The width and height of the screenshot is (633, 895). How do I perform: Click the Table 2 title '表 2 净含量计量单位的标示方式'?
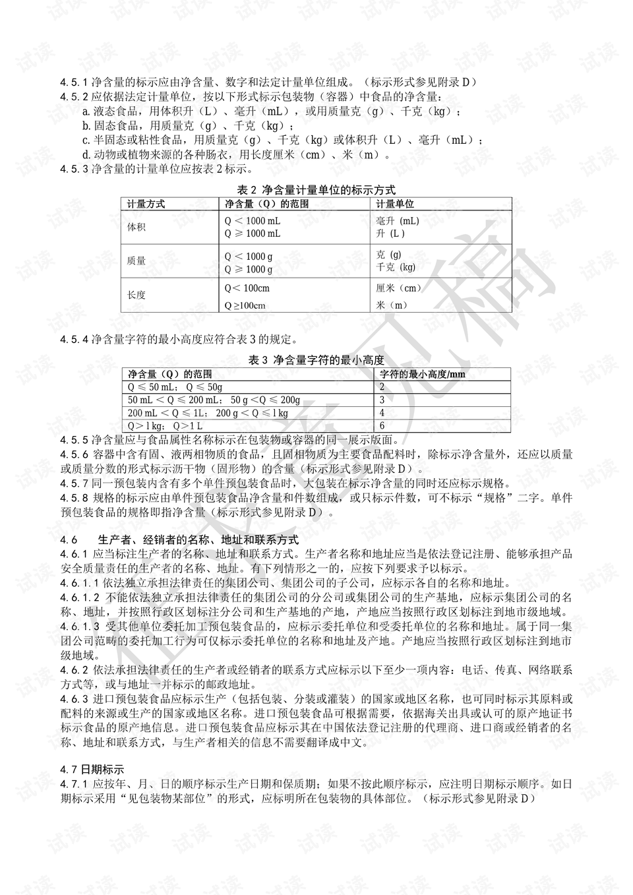pos(316,190)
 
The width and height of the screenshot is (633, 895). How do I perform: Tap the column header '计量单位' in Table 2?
pos(395,204)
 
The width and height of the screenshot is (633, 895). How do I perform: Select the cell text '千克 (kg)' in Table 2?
pos(396,267)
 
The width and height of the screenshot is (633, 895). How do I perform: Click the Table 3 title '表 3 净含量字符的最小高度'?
pos(316,360)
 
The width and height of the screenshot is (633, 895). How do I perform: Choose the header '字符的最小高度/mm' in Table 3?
pos(423,374)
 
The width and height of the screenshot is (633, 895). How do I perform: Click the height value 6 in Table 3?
pos(382,426)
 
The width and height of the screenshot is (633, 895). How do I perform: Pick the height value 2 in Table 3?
pos(382,387)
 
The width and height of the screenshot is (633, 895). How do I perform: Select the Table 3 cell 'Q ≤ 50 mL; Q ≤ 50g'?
pos(175,387)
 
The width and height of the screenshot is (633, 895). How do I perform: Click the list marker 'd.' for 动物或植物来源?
pos(86,155)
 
